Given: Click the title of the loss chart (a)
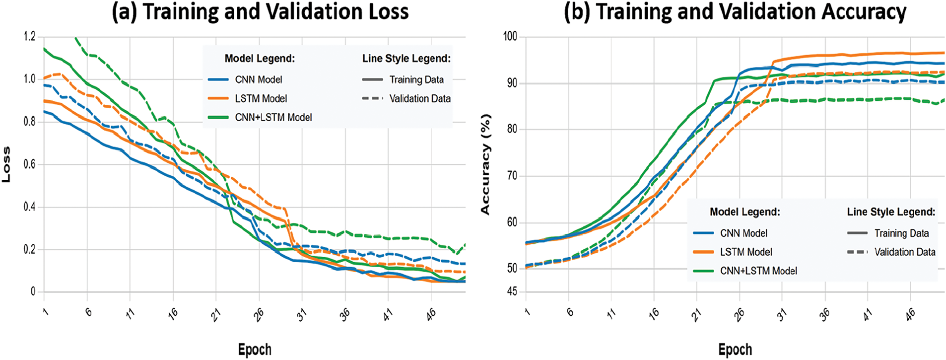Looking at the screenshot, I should point(260,11).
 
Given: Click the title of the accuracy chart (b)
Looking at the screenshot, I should point(735,11).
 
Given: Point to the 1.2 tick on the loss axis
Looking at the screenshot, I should point(30,36).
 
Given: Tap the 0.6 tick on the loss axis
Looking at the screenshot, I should point(30,164).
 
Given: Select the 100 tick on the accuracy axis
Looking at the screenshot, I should point(510,36).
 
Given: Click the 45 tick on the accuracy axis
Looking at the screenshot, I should point(512,291).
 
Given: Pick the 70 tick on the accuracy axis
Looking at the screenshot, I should point(512,176).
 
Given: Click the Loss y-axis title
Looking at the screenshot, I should point(6,164).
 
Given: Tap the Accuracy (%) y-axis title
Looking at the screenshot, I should point(485,164).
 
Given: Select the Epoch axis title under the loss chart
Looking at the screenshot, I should point(255,350).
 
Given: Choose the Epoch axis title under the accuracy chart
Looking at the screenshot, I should point(735,350).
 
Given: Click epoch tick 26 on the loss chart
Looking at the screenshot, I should point(259,314).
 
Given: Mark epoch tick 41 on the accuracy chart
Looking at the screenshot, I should point(867,314).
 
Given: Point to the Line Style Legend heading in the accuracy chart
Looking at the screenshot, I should point(891,212).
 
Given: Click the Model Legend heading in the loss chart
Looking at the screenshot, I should point(260,59).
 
